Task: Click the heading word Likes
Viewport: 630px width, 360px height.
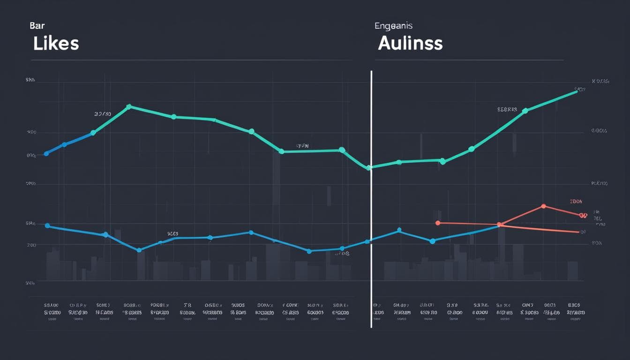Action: click(x=56, y=43)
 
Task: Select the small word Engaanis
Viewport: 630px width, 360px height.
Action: click(x=393, y=26)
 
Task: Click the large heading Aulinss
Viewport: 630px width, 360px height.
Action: click(x=410, y=43)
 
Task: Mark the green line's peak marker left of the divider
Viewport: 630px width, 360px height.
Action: click(x=129, y=107)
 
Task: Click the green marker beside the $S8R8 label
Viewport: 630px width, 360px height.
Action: click(x=525, y=111)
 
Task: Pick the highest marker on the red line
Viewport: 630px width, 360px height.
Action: click(x=543, y=206)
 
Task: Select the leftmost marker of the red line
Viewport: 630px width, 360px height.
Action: click(x=438, y=223)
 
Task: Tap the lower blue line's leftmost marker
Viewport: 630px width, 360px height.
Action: click(x=47, y=225)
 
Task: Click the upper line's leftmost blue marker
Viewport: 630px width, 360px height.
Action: click(x=46, y=153)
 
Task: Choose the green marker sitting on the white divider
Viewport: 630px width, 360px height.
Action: click(x=369, y=167)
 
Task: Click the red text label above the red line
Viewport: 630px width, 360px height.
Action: click(x=576, y=202)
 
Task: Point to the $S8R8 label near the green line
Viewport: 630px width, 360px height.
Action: click(x=507, y=109)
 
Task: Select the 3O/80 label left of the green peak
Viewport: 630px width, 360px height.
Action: click(x=102, y=114)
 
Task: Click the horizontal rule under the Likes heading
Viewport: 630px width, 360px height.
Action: click(x=191, y=60)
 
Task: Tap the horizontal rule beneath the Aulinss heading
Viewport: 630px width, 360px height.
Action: click(x=469, y=60)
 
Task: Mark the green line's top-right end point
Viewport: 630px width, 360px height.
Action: click(x=576, y=92)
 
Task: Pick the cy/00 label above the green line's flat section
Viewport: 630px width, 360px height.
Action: click(x=302, y=146)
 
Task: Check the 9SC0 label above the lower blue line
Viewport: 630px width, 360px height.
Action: click(x=172, y=233)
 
